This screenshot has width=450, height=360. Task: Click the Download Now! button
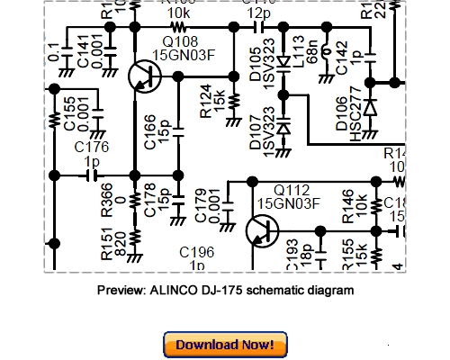(x=225, y=344)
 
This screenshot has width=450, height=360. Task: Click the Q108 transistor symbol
(x=142, y=77)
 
